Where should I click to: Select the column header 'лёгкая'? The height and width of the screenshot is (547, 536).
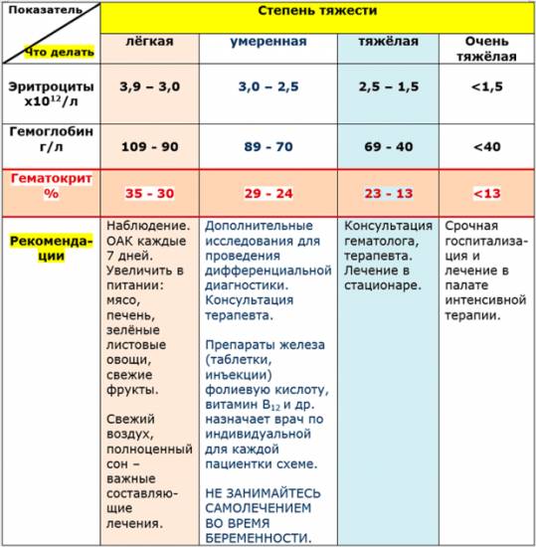tap(149, 43)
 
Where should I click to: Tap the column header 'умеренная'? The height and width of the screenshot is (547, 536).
tap(268, 43)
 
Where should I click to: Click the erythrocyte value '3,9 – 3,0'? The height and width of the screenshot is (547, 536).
tap(149, 88)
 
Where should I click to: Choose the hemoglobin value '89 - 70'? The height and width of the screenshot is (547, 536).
tap(268, 146)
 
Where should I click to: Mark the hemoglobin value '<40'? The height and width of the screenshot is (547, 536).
tap(486, 146)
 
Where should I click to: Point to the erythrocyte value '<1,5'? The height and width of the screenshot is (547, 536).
tap(486, 88)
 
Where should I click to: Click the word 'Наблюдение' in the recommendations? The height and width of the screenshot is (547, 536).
tap(146, 226)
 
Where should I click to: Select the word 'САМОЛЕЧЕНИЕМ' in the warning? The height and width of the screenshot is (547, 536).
tap(262, 507)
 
